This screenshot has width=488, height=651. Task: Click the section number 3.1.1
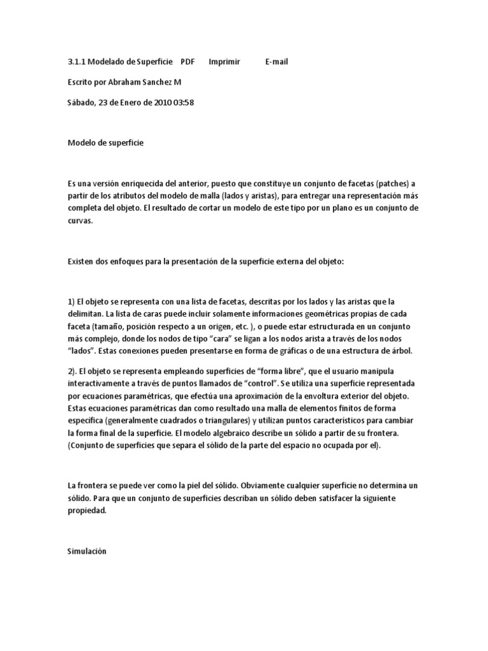pyautogui.click(x=76, y=62)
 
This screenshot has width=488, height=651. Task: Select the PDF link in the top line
pyautogui.click(x=187, y=62)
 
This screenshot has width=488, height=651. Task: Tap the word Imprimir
pyautogui.click(x=224, y=62)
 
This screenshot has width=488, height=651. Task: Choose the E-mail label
pyautogui.click(x=276, y=62)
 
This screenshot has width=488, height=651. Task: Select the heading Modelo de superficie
pyautogui.click(x=105, y=143)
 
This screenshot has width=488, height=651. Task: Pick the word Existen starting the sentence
pyautogui.click(x=81, y=261)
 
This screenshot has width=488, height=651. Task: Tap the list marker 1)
pyautogui.click(x=71, y=301)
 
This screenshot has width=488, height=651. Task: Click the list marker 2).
pyautogui.click(x=72, y=371)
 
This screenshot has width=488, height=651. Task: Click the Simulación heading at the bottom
pyautogui.click(x=86, y=551)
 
